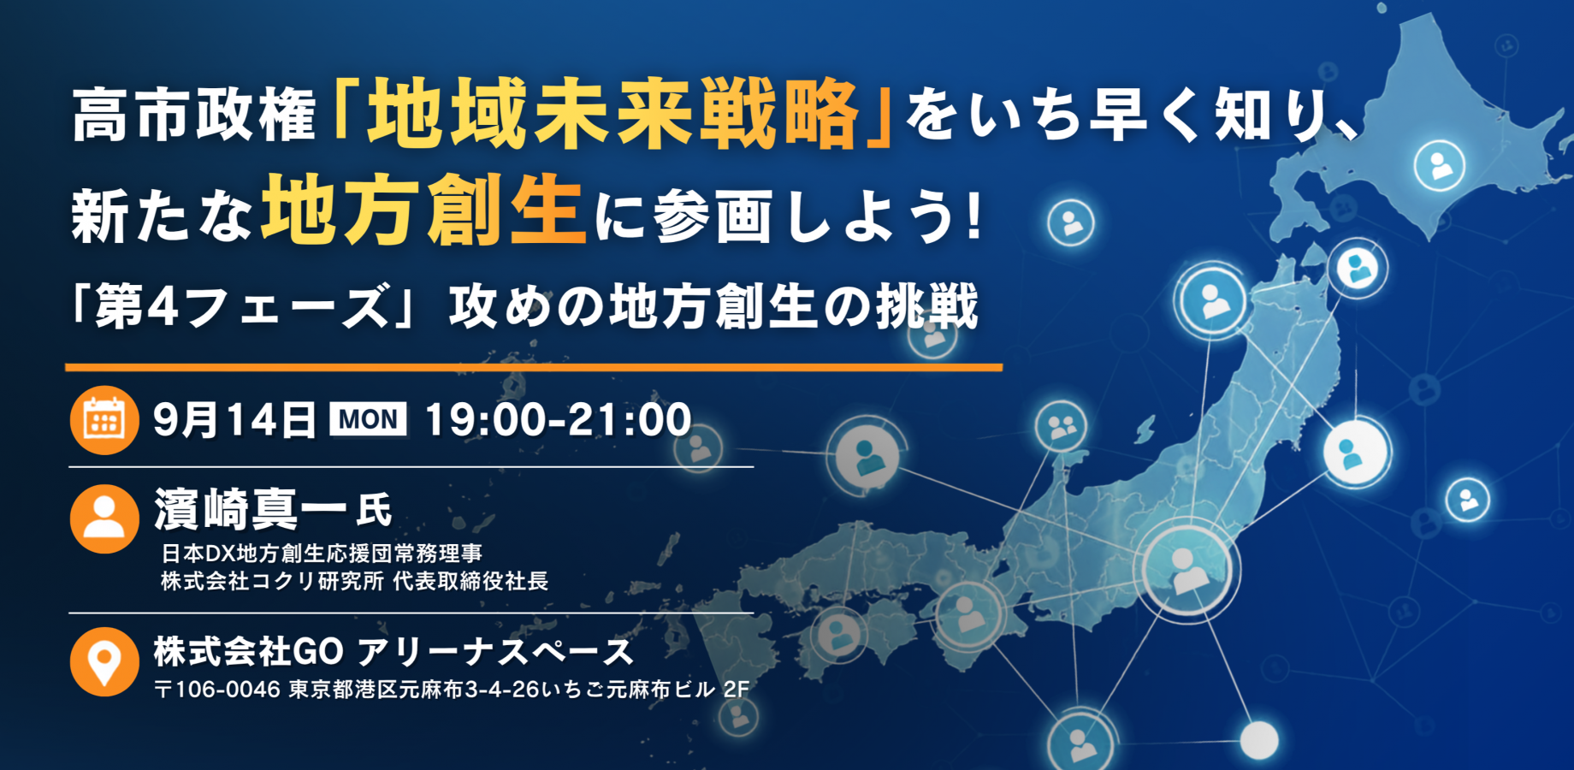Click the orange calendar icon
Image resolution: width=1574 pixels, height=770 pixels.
tap(104, 420)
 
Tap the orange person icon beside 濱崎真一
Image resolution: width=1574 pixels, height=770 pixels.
tap(104, 519)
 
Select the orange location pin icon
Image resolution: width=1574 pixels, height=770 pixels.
tap(104, 662)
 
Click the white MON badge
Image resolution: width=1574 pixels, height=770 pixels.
tap(368, 419)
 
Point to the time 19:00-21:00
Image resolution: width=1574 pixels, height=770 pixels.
tap(558, 420)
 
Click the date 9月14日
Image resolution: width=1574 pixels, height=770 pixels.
tap(234, 420)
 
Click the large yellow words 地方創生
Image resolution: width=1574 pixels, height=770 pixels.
tap(423, 210)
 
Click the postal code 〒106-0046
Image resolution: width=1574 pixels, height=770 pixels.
tap(217, 690)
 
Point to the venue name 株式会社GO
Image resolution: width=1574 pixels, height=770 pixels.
tap(249, 652)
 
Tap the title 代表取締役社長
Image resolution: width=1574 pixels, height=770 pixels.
tap(470, 582)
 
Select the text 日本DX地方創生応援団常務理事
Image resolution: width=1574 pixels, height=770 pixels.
tap(322, 554)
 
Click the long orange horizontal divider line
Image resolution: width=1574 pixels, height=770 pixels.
tap(534, 368)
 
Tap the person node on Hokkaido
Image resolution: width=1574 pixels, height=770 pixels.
tap(1439, 165)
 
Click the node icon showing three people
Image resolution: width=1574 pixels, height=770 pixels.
tap(1061, 425)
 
